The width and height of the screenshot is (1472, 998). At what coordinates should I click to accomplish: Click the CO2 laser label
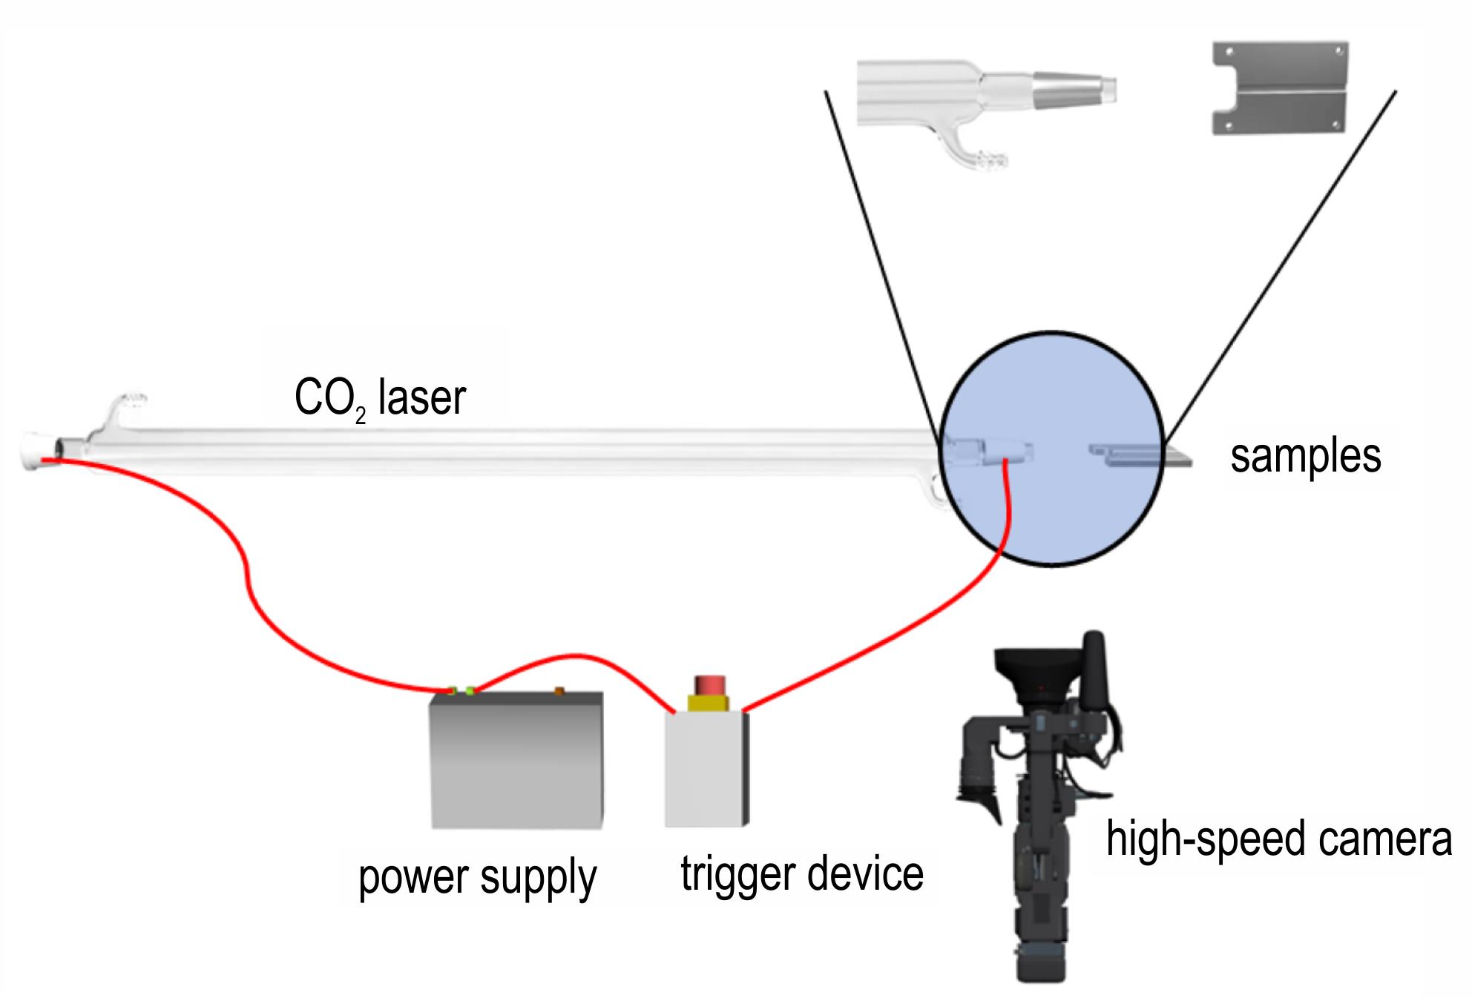pyautogui.click(x=380, y=398)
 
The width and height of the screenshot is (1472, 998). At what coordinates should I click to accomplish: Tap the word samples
pyautogui.click(x=1306, y=455)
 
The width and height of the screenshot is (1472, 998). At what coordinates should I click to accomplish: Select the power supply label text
pyautogui.click(x=477, y=878)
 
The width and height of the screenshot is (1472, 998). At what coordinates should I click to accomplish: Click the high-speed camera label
pyautogui.click(x=1279, y=839)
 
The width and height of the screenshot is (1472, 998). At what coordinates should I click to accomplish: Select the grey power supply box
pyautogui.click(x=516, y=760)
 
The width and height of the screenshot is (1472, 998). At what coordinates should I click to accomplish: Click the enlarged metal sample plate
pyautogui.click(x=1280, y=87)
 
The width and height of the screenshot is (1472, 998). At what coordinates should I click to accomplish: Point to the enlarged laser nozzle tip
pyautogui.click(x=1076, y=90)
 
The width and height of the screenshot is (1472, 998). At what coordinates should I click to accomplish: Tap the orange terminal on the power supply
pyautogui.click(x=559, y=691)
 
